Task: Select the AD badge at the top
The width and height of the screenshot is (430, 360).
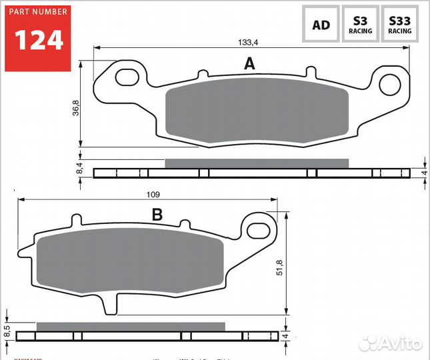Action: (x=321, y=25)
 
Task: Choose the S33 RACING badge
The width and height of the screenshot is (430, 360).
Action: (x=400, y=25)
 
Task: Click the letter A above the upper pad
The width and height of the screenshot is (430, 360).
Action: (x=249, y=64)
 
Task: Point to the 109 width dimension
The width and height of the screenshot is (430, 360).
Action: (x=152, y=194)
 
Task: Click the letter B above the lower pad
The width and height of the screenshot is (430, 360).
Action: (x=157, y=215)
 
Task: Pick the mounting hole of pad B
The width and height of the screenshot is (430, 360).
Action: (x=257, y=231)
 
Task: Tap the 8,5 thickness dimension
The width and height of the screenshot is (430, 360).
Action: (x=7, y=330)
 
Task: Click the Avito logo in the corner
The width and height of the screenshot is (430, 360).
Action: (x=390, y=343)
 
